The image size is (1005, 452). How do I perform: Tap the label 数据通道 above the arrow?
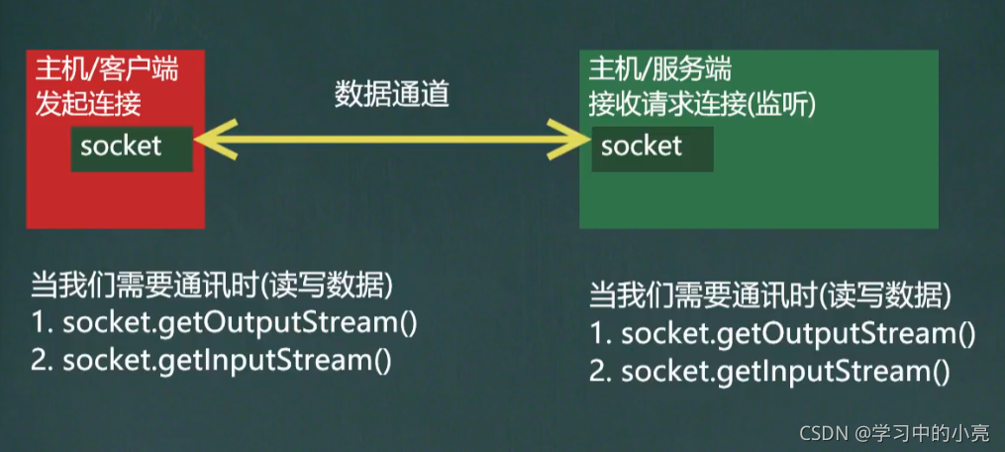pyautogui.click(x=392, y=94)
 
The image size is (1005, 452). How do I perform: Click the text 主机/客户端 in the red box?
pyautogui.click(x=107, y=69)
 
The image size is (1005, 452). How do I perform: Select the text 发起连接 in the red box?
pyautogui.click(x=88, y=102)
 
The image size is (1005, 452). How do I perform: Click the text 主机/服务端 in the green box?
pyautogui.click(x=660, y=68)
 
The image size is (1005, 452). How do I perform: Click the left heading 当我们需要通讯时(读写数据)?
pyautogui.click(x=212, y=286)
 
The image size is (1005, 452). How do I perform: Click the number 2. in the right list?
pyautogui.click(x=601, y=373)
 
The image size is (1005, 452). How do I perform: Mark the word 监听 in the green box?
pyautogui.click(x=779, y=101)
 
